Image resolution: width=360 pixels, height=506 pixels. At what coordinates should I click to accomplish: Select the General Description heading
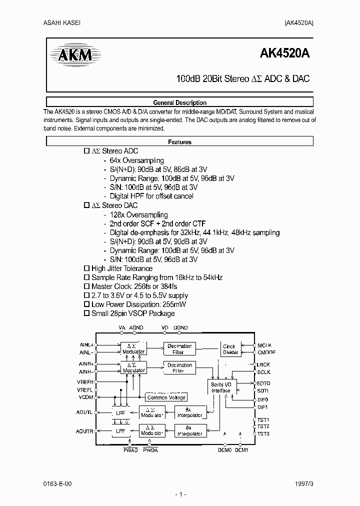click(179, 102)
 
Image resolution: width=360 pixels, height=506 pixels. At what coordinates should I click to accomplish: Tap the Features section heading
click(179, 142)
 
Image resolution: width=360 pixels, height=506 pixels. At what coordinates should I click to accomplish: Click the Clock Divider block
click(229, 349)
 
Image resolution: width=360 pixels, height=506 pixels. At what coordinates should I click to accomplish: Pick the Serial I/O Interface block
click(220, 387)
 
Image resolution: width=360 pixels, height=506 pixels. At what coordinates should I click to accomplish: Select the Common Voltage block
click(166, 397)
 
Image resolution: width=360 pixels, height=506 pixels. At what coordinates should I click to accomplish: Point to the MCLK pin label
click(265, 345)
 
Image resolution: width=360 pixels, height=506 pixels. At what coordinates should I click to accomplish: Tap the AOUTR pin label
click(85, 431)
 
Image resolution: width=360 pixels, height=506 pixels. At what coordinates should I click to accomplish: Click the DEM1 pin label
click(241, 450)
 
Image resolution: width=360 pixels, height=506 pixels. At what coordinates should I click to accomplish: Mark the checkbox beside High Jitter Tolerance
click(86, 268)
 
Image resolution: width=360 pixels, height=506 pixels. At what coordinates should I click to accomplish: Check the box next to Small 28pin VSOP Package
click(86, 313)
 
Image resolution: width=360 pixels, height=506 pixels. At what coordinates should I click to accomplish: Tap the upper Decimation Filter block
click(179, 349)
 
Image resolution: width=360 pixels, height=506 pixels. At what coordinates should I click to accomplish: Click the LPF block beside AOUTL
click(120, 413)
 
